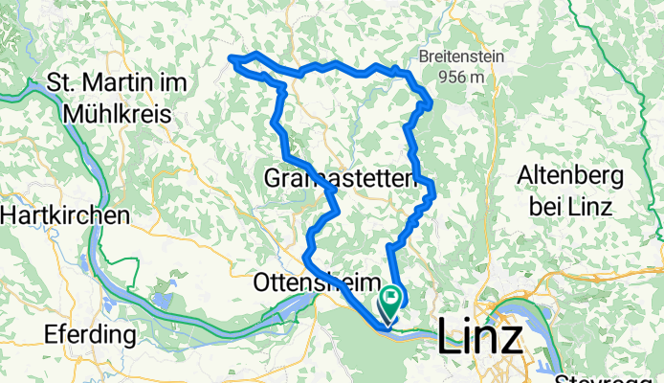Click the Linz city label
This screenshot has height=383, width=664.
click(480, 338)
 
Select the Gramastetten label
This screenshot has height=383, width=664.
click(338, 178)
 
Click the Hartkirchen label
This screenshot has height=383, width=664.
click(64, 215)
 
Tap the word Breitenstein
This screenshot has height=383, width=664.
click(467, 56)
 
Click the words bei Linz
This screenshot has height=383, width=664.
click(571, 203)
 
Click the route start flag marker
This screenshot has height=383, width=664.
click(392, 306)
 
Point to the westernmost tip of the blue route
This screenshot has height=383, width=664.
click(230, 59)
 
